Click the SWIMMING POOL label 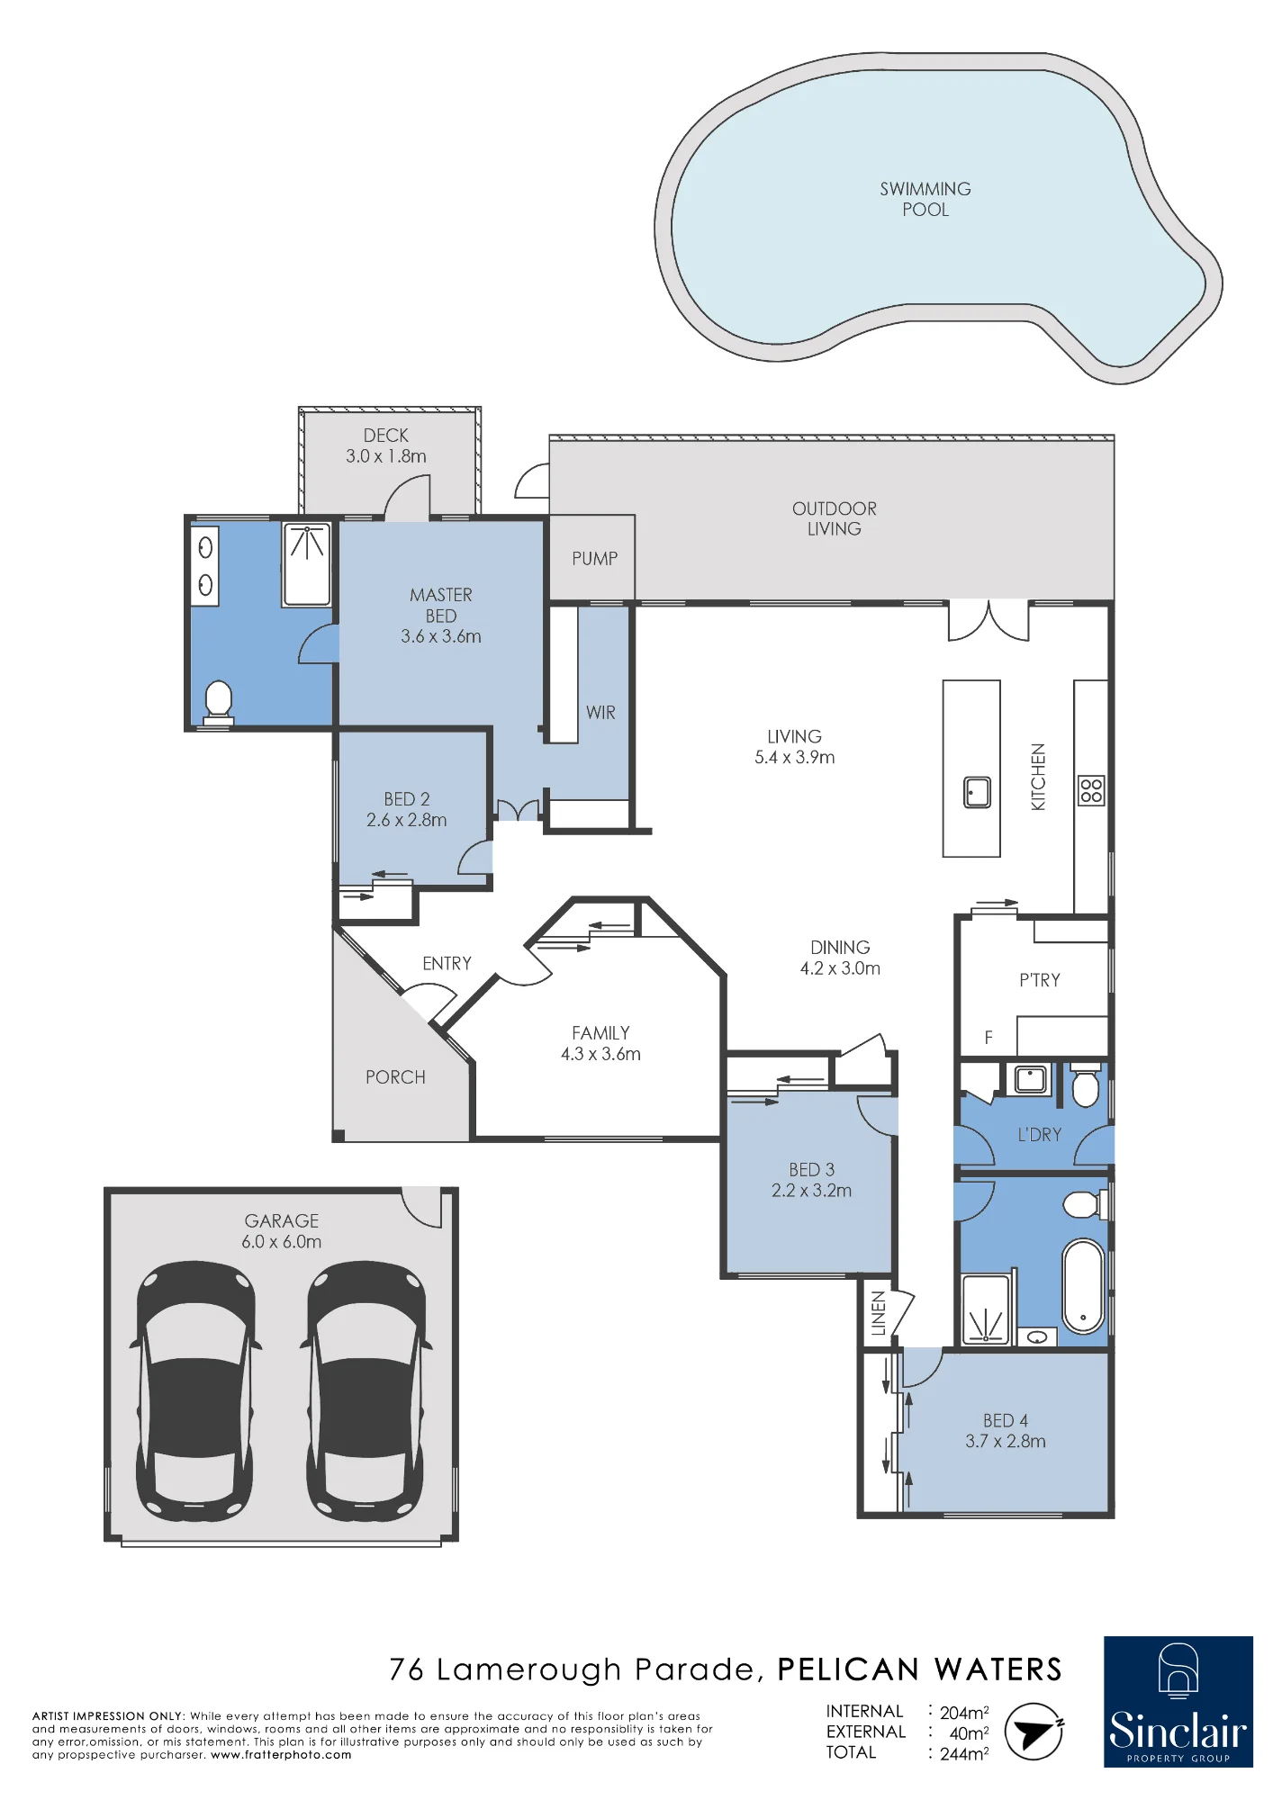(925, 199)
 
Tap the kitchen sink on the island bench (977, 792)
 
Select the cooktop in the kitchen (1091, 790)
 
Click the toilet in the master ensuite (219, 703)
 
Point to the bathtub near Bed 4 (1083, 1286)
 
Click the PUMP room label (595, 558)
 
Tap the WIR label (600, 712)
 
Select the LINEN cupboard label (879, 1313)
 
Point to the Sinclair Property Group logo (1178, 1702)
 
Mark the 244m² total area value (964, 1753)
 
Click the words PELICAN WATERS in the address (919, 1670)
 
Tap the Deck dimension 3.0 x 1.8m (386, 456)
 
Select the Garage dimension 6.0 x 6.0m (281, 1242)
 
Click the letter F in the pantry (989, 1038)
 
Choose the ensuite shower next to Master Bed (307, 564)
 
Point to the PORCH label (395, 1077)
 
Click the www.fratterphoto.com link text (281, 1755)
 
